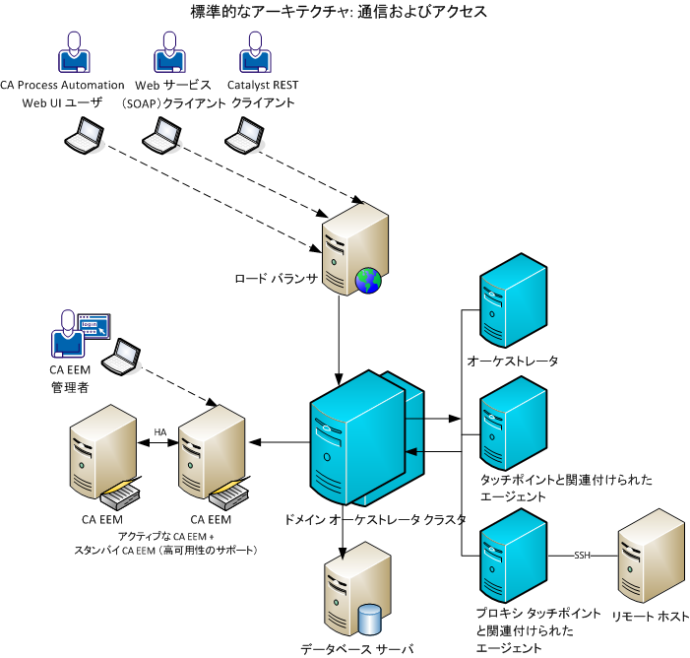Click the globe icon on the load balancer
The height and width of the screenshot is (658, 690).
coord(367,282)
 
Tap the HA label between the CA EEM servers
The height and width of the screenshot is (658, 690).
coord(160,432)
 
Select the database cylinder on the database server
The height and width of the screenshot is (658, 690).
coord(370,619)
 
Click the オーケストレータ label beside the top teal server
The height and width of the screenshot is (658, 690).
coord(513,362)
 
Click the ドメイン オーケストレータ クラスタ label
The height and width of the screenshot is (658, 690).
coord(374,518)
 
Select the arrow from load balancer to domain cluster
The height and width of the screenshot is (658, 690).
coord(340,335)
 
